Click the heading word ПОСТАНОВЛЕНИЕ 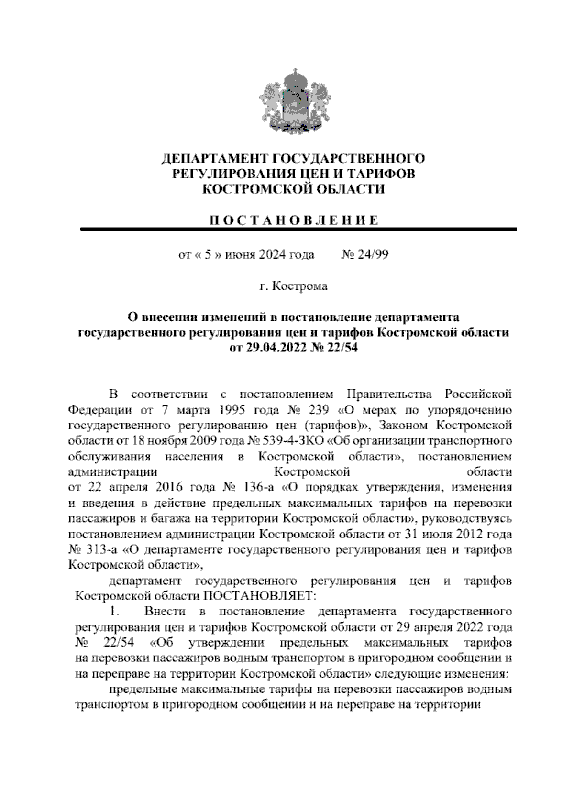294,220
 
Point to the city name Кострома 300,286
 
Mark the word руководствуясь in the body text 468,519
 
